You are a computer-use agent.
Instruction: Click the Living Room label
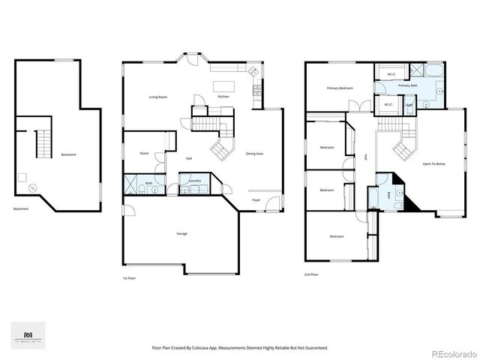[157, 97]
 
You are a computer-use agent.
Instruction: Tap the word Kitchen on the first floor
[223, 97]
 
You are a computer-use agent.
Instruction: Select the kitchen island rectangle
[223, 84]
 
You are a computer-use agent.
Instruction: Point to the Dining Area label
[254, 154]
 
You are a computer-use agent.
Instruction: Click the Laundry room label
[193, 181]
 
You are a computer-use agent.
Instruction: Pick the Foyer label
[256, 200]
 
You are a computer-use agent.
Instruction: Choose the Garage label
[181, 233]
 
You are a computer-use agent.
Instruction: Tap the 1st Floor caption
[130, 277]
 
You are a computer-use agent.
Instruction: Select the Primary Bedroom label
[340, 88]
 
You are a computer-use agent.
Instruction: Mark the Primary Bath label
[409, 85]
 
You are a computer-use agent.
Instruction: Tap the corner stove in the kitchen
[252, 71]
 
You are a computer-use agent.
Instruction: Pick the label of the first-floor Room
[144, 154]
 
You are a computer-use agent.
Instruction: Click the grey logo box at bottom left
[28, 335]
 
